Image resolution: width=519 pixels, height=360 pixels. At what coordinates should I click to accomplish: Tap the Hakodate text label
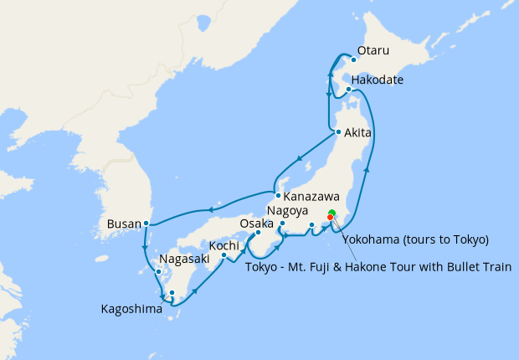378,80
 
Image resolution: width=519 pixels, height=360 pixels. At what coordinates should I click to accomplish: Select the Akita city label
357,132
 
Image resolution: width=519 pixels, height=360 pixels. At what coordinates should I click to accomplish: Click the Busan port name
124,224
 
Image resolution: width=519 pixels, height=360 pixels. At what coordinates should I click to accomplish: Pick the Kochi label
224,245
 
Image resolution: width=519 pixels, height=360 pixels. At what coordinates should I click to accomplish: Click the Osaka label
256,224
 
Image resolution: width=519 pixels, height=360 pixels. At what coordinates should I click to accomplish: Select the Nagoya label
288,210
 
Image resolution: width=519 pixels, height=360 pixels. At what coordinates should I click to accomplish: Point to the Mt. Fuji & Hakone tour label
378,267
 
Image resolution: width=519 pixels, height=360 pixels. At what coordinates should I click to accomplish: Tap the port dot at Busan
146,223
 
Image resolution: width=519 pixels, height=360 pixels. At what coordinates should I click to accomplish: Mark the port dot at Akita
337,131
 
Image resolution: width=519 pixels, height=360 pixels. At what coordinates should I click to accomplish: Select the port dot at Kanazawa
278,195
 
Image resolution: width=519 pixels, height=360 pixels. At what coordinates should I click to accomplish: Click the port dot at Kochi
224,255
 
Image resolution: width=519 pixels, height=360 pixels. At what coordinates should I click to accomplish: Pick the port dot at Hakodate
348,89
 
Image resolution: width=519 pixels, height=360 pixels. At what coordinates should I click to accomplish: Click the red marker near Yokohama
330,217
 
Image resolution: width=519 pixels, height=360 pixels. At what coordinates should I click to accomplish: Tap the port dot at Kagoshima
171,293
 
